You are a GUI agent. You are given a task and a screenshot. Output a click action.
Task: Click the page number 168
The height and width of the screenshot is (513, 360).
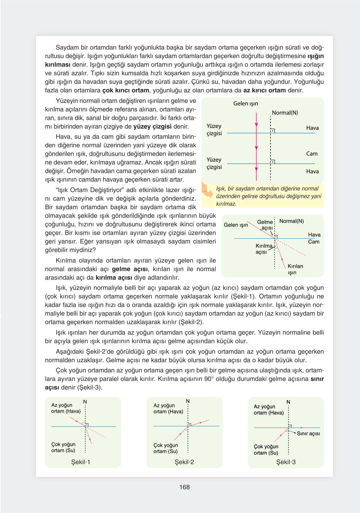(x=184, y=487)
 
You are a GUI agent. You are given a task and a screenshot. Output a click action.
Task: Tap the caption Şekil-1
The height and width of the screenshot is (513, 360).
(x=81, y=462)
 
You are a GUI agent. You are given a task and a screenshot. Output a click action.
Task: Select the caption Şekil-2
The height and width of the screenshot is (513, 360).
(x=184, y=462)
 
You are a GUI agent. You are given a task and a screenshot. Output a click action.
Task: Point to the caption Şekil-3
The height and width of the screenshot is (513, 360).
(x=286, y=462)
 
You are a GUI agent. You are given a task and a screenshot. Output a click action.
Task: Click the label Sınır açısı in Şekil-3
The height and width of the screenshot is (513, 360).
(x=308, y=434)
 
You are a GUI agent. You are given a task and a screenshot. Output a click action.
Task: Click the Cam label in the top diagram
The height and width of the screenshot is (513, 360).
(x=312, y=154)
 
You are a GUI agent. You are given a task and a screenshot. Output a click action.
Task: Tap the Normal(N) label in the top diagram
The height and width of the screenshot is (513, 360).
(x=285, y=113)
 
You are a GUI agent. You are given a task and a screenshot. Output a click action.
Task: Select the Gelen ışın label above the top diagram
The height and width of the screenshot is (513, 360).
(x=245, y=103)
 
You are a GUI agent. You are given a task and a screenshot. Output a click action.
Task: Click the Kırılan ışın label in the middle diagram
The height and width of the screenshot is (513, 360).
(x=295, y=269)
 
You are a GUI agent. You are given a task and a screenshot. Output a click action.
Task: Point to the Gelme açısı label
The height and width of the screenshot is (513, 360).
(x=265, y=225)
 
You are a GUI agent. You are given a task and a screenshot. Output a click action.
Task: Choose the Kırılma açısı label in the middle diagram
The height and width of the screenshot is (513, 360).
(x=263, y=249)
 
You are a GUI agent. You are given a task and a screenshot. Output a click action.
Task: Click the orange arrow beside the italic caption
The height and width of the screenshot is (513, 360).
(x=208, y=192)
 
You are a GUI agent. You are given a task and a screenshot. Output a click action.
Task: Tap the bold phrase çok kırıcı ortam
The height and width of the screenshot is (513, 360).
(x=126, y=90)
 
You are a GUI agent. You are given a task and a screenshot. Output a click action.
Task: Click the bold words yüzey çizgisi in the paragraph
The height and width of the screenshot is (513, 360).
(x=152, y=127)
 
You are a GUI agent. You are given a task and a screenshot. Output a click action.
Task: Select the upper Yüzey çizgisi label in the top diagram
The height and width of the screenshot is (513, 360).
(x=214, y=130)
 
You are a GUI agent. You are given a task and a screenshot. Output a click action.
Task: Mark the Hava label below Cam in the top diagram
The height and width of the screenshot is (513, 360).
(x=312, y=171)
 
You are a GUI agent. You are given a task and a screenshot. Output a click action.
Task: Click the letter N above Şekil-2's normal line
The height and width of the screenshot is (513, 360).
(x=188, y=401)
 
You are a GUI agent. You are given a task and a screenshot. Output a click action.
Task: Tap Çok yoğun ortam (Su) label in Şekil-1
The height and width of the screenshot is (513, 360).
(x=63, y=447)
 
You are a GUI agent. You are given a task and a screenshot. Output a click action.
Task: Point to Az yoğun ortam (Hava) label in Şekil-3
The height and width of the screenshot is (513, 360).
(x=269, y=410)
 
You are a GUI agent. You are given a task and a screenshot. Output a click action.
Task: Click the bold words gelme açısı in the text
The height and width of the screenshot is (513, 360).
(x=130, y=269)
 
